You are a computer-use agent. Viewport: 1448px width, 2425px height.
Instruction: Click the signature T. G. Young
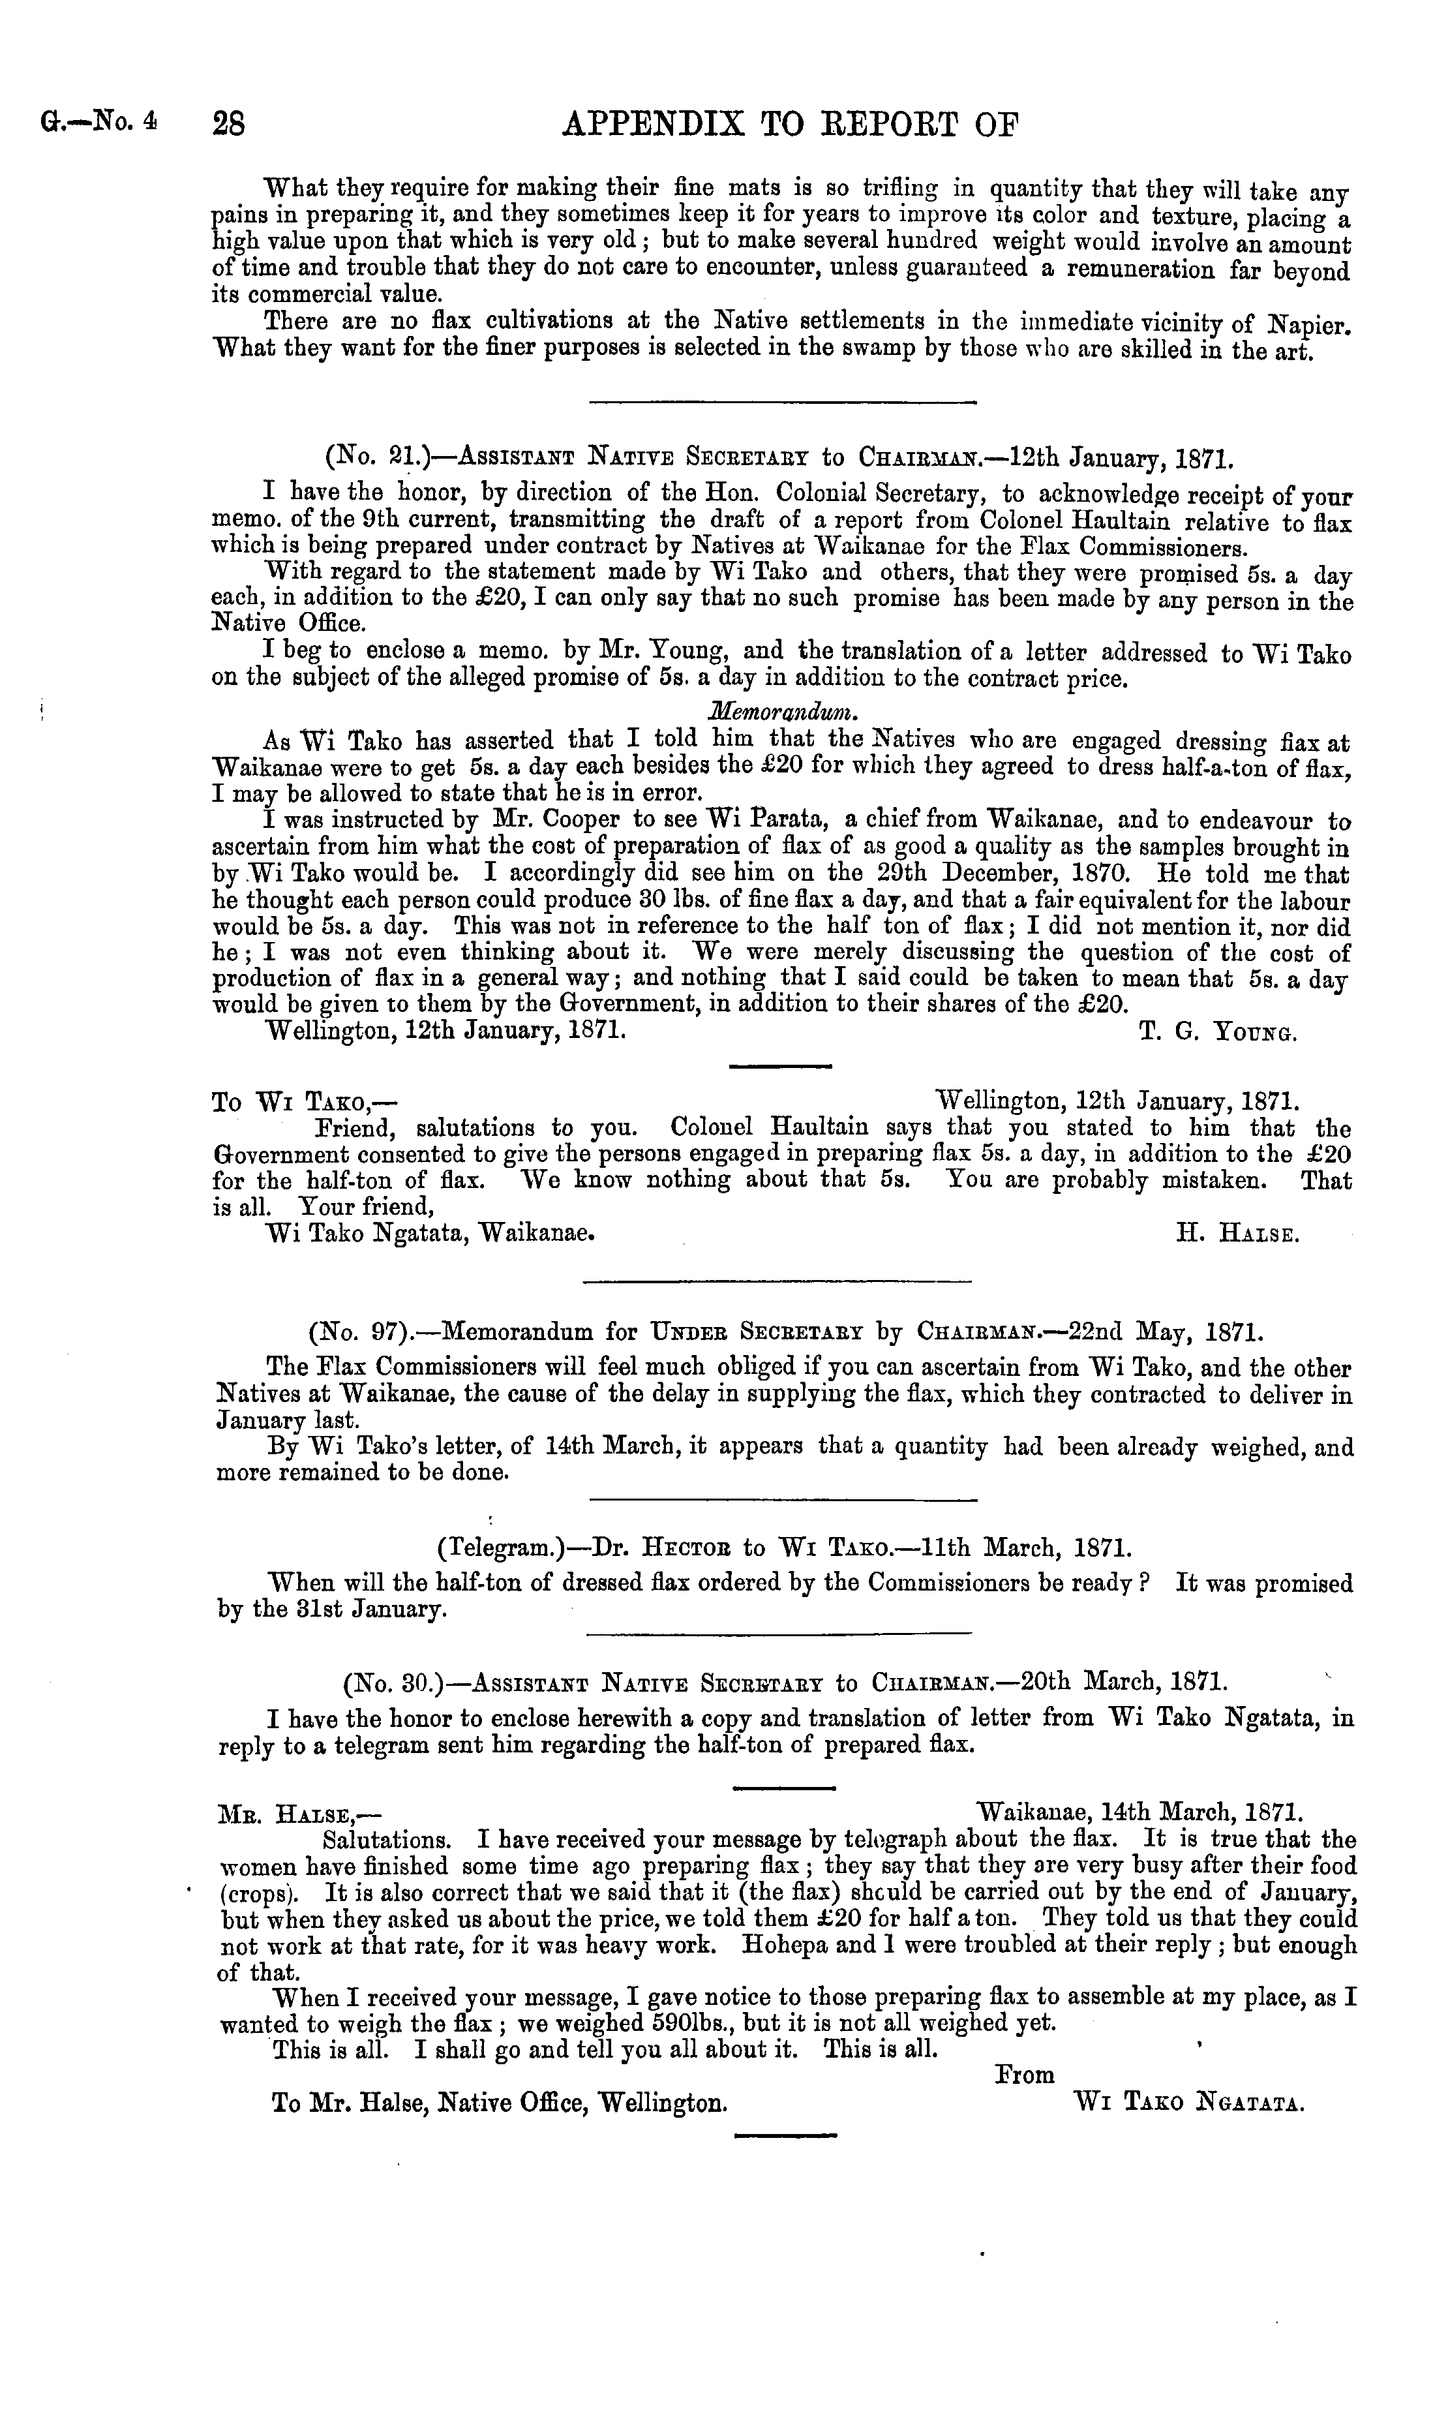click(1218, 1033)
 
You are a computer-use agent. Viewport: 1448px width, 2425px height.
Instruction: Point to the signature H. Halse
click(1237, 1234)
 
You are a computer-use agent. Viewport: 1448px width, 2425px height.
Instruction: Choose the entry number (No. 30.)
click(386, 1683)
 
